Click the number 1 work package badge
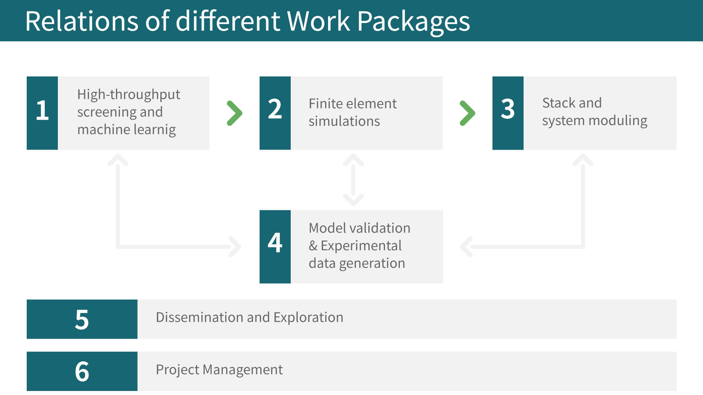[42, 113]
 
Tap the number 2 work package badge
[275, 113]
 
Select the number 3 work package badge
[508, 113]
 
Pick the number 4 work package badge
[275, 247]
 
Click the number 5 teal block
[82, 319]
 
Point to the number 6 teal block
[82, 371]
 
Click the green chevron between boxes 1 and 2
[234, 113]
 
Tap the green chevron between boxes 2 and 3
[467, 113]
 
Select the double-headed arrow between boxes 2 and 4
[353, 180]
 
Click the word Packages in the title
[413, 22]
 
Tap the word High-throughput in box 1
[129, 95]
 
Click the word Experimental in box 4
[361, 246]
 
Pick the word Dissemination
[200, 317]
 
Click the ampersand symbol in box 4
[313, 246]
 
